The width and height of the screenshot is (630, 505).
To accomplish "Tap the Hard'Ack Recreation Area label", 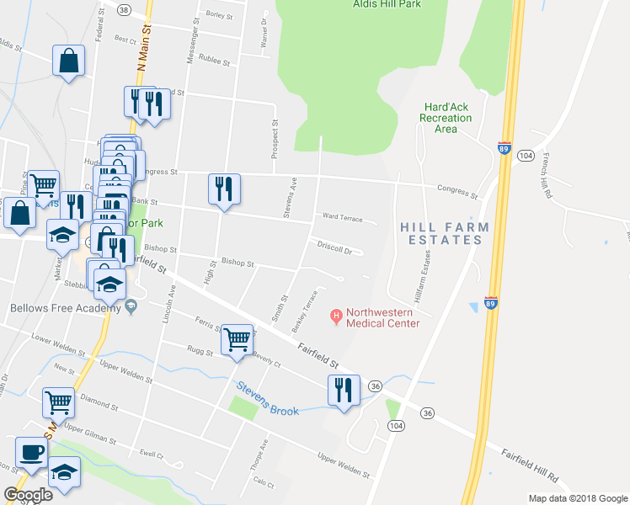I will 446,118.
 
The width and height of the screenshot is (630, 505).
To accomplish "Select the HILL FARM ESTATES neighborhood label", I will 441,233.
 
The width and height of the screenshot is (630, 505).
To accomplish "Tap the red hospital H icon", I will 336,316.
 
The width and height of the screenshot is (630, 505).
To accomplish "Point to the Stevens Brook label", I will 267,399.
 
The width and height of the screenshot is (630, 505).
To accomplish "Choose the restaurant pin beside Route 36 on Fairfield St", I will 344,391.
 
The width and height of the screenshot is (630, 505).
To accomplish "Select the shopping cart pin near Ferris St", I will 238,340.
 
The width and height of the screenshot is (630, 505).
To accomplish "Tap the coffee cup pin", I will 31,453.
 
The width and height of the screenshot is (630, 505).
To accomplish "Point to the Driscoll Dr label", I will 334,248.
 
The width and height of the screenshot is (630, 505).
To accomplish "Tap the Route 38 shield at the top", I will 125,10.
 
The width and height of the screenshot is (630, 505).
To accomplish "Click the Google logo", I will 28,495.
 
